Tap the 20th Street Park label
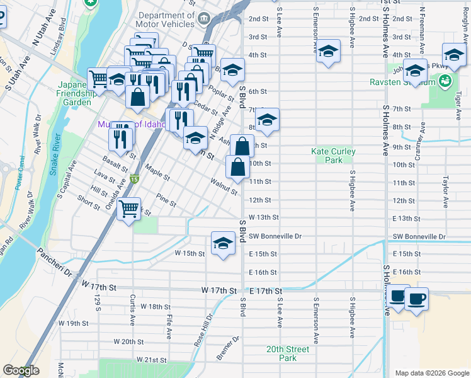[287, 353]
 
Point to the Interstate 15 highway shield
[134, 180]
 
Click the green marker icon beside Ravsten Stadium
[445, 81]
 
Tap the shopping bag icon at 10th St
[237, 168]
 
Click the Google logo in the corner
[21, 370]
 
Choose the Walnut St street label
[224, 188]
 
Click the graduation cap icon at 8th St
[267, 120]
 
